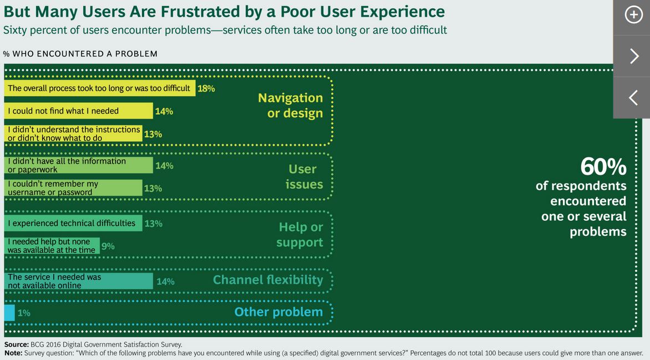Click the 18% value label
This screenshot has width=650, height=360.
206,88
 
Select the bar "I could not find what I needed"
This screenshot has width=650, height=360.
78,111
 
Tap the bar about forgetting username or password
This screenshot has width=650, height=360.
73,188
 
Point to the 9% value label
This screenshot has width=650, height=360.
108,246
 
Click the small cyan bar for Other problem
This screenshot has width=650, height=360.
9,313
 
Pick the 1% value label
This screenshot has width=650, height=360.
24,313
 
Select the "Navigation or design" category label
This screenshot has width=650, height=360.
291,105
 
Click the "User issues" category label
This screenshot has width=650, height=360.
304,177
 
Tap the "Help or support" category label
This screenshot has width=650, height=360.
299,235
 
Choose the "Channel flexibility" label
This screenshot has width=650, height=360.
268,280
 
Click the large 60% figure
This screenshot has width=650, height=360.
603,167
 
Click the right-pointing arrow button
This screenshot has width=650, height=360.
634,56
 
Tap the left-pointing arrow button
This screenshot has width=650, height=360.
633,98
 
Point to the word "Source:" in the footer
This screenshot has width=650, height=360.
17,344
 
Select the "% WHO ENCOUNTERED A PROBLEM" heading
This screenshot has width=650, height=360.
80,54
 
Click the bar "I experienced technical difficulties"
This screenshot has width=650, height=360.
73,223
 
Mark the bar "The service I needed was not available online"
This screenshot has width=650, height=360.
78,281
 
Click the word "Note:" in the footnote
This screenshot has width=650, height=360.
13,353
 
